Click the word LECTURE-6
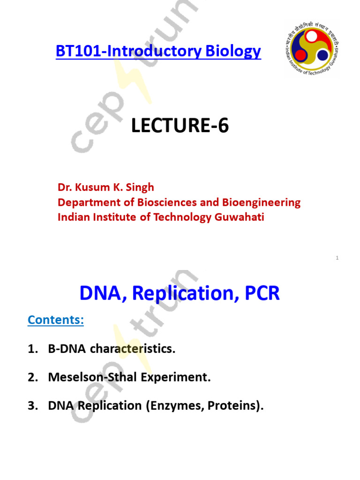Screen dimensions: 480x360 [x=180, y=126]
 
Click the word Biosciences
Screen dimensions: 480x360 [x=165, y=202]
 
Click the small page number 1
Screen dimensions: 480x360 [x=337, y=258]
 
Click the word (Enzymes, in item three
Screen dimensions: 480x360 [x=172, y=406]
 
